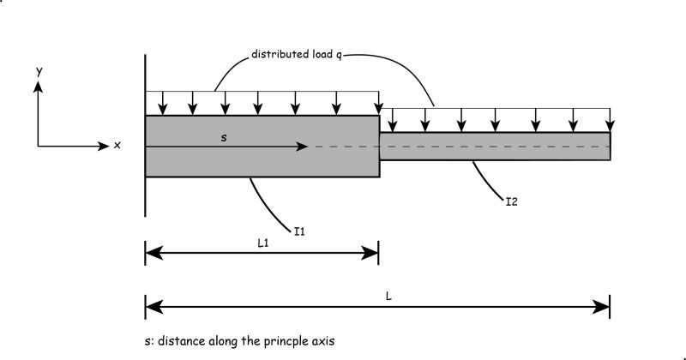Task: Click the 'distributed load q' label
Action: [x=296, y=54]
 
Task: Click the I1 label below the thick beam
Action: [x=300, y=231]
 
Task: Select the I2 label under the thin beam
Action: [x=511, y=203]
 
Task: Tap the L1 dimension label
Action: [x=264, y=243]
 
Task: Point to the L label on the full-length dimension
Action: [x=388, y=296]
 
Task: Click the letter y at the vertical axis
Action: [x=39, y=73]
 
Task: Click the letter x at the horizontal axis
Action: [x=117, y=146]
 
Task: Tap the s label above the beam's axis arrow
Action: [x=224, y=137]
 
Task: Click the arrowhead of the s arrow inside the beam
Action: [x=302, y=147]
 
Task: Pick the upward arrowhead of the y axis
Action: [x=39, y=87]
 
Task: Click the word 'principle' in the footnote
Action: [x=291, y=341]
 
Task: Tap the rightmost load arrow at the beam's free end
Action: [x=610, y=118]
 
